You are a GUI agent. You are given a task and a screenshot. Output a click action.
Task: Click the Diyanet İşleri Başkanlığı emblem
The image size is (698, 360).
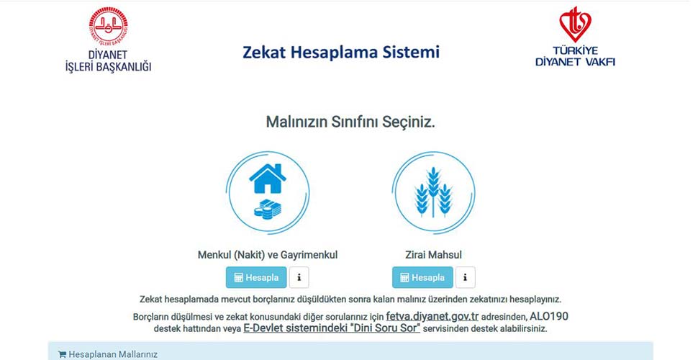(108, 27)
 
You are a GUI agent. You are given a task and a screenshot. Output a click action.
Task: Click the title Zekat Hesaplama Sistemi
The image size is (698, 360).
(340, 53)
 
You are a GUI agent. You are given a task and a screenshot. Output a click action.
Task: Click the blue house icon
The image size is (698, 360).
(267, 179)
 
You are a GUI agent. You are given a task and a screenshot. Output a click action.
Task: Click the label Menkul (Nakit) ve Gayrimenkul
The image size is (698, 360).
(268, 255)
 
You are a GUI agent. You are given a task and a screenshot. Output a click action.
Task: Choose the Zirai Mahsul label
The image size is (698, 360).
(433, 255)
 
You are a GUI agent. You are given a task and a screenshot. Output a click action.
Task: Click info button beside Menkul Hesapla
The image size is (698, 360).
(299, 277)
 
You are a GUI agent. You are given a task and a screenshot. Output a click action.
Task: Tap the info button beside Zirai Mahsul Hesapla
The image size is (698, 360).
(466, 277)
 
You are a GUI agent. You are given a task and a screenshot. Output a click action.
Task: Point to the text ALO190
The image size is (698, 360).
(549, 316)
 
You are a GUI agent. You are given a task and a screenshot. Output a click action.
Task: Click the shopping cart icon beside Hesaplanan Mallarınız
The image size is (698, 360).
(62, 354)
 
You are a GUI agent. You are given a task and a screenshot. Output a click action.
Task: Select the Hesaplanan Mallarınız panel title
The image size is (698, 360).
(112, 354)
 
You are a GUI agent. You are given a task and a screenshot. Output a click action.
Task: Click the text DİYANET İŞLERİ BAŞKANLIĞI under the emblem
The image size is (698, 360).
(108, 60)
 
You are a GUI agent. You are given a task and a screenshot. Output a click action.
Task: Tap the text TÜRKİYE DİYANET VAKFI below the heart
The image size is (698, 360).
(575, 56)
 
